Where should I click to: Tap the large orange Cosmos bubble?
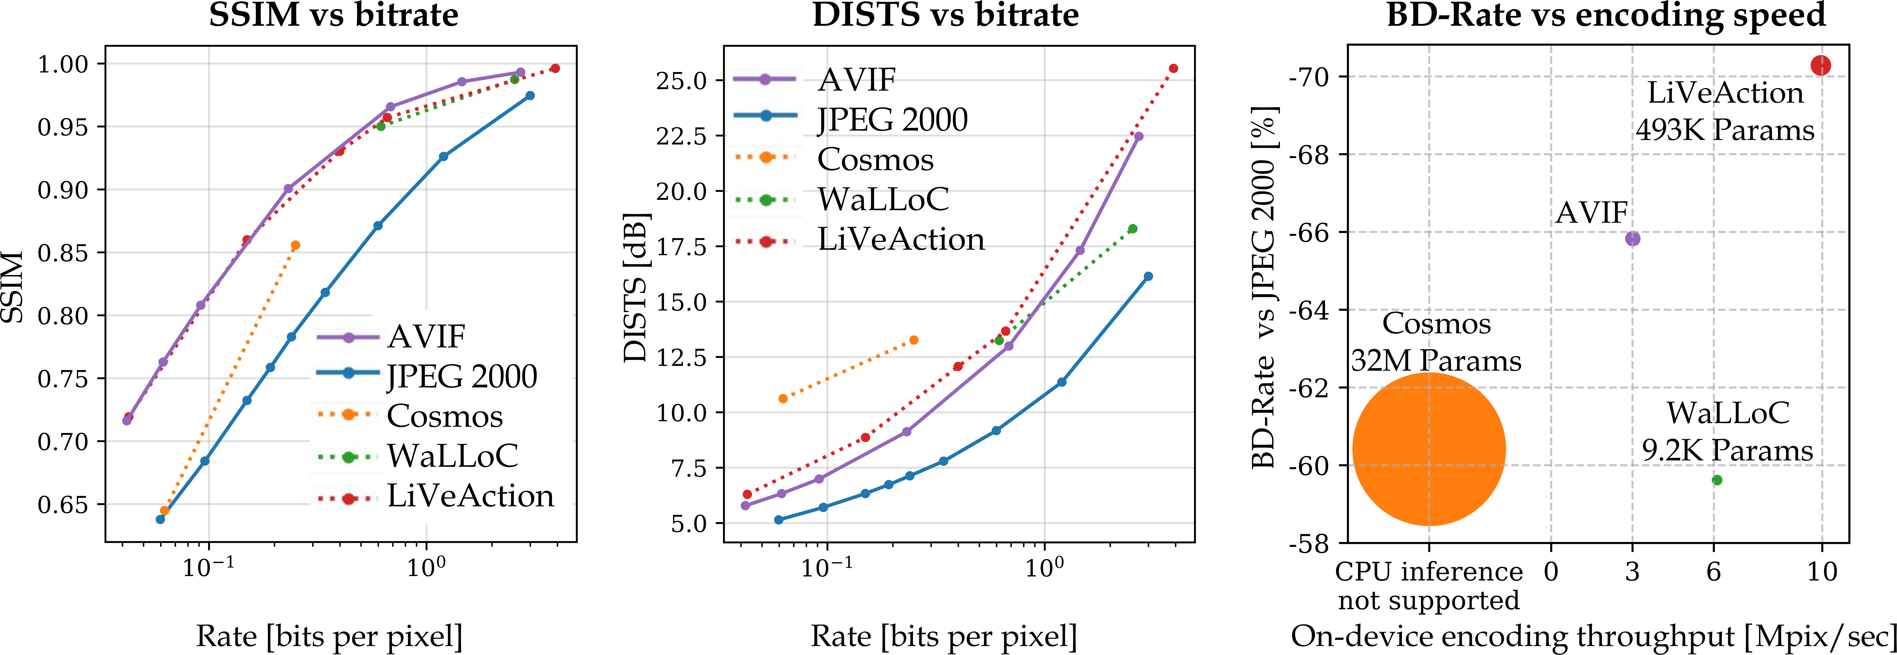[x=1429, y=449]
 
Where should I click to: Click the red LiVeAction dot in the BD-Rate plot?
[x=1820, y=65]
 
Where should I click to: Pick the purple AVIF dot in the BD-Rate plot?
[x=1633, y=238]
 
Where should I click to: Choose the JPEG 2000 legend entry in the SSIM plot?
[x=427, y=376]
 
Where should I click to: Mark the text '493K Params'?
[x=1725, y=130]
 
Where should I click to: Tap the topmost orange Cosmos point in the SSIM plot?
[x=295, y=245]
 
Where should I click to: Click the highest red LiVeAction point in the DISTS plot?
[x=1173, y=69]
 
